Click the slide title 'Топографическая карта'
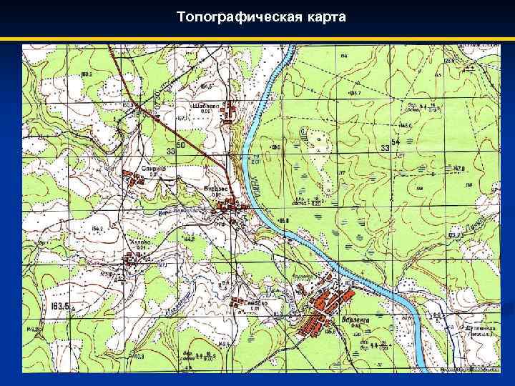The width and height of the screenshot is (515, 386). click(x=261, y=16)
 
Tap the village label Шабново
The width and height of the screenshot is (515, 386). click(x=205, y=105)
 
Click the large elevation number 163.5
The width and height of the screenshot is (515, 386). click(x=60, y=307)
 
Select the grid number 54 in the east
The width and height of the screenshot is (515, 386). click(x=396, y=145)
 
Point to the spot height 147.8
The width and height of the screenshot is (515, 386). click(x=458, y=169)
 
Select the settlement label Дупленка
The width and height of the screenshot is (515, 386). click(x=480, y=330)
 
